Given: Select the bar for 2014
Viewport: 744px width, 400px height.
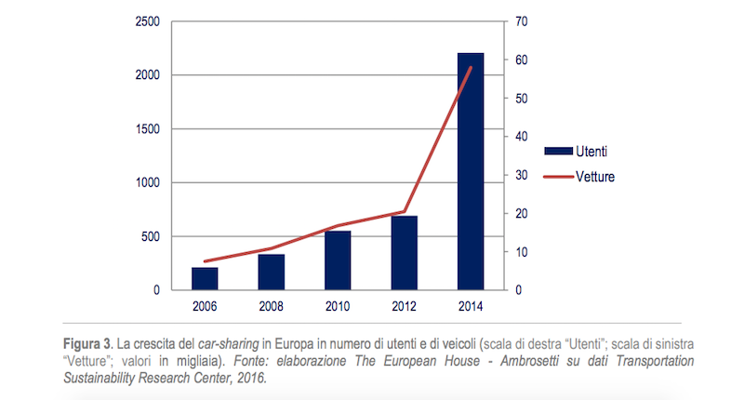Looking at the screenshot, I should pyautogui.click(x=470, y=172).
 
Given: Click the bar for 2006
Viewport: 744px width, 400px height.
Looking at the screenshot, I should pyautogui.click(x=205, y=278).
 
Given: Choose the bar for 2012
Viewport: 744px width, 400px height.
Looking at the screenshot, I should pyautogui.click(x=404, y=253).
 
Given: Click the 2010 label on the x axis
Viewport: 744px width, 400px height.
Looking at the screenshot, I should pyautogui.click(x=338, y=305).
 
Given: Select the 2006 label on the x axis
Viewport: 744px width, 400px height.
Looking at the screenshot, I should pyautogui.click(x=205, y=305).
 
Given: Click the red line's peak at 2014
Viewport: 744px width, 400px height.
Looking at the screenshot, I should pyautogui.click(x=471, y=67).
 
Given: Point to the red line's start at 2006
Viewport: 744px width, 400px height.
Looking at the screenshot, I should pyautogui.click(x=205, y=261).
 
